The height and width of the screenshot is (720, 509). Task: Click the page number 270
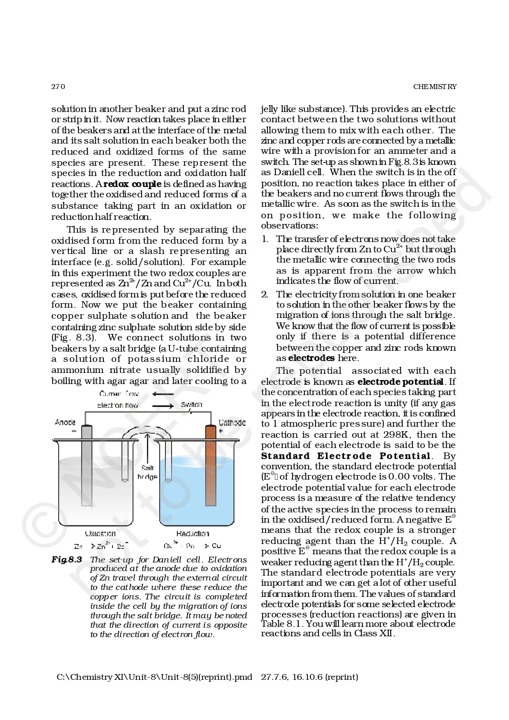[58, 87]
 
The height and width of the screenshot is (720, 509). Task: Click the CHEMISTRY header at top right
[435, 87]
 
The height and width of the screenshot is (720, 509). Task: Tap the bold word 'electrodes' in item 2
[311, 358]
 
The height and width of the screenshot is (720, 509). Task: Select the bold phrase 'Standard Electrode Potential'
[346, 456]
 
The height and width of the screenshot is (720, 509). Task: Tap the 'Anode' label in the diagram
[65, 422]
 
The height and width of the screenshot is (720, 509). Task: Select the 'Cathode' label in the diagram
[232, 423]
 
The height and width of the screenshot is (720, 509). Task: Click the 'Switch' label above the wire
[191, 405]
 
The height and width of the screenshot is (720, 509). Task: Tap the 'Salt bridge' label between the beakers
[147, 472]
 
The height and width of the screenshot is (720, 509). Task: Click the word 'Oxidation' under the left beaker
[100, 534]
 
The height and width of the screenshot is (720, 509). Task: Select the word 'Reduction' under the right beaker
[193, 534]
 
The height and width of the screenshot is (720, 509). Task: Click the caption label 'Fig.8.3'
[66, 560]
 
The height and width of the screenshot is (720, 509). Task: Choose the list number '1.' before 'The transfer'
[265, 239]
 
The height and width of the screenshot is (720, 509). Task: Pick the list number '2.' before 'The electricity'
[265, 295]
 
